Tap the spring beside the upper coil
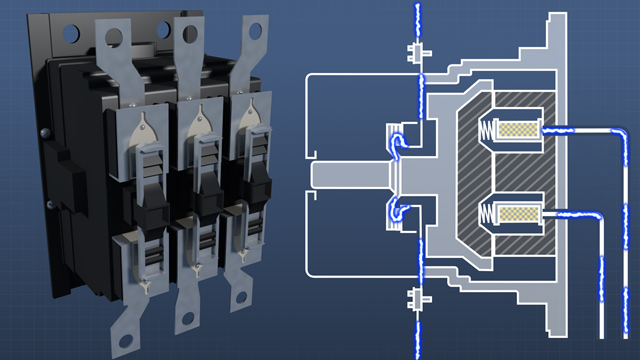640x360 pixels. tap(490, 132)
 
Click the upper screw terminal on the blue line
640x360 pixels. tap(412, 51)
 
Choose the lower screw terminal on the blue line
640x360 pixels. tap(412, 296)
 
